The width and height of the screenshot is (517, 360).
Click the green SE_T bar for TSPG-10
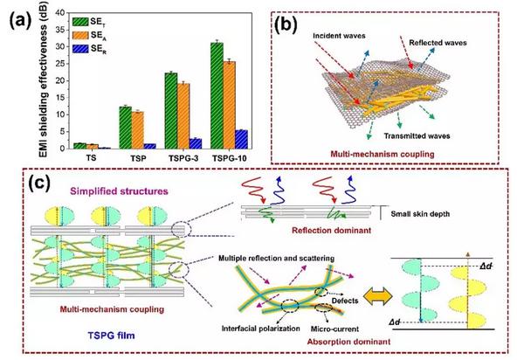point(217,96)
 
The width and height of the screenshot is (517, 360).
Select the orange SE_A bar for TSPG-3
point(183,116)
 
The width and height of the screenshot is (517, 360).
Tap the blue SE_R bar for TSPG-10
point(241,140)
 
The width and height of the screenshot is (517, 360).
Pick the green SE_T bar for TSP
point(125,128)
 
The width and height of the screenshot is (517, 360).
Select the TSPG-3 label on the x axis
point(183,158)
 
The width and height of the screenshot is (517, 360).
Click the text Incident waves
point(339,36)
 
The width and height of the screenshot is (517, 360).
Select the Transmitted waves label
point(417,136)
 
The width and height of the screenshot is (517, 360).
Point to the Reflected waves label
point(438,43)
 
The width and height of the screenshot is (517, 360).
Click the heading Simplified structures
point(119,191)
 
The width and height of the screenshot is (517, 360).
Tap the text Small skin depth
point(420,214)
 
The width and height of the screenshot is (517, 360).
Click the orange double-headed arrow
point(377,295)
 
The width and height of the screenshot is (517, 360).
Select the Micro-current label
point(334,329)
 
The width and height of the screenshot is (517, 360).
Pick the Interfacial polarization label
point(260,329)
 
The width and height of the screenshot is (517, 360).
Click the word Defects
point(345,301)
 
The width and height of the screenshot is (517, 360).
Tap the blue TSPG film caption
point(111,336)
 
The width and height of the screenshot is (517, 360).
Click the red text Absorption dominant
point(348,342)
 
